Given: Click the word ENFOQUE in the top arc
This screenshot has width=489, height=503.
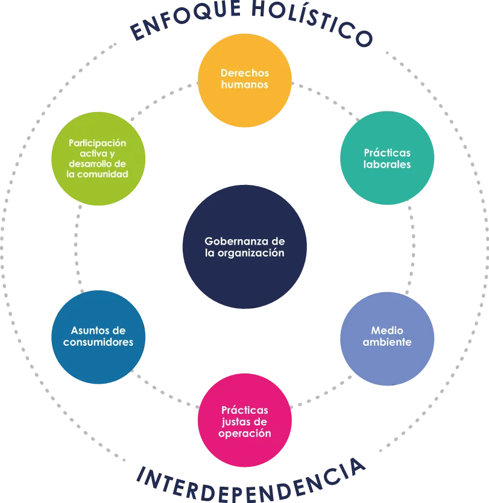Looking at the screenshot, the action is coord(185,20).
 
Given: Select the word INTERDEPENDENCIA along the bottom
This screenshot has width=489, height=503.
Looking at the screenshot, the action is coord(251,481).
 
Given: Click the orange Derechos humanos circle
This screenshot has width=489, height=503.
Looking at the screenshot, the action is coord(245,80).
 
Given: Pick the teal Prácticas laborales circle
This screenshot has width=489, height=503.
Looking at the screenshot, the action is coord(387,158).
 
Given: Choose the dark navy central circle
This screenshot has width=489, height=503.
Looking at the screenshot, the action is coord(245,247).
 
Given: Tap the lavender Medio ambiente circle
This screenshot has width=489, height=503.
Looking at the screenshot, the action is coord(387,339).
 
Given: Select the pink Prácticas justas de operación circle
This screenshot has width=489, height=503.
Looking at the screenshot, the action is coord(245,420).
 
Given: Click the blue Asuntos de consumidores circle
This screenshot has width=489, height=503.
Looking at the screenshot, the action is coord(98,337).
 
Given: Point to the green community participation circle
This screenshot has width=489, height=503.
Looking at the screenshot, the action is coord(98,158).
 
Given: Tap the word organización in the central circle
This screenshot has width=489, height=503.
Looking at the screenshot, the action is coord(251,253).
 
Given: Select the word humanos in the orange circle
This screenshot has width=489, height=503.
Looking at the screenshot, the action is coord(245,85).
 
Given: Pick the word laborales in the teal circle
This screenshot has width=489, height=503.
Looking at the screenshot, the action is coord(387,164).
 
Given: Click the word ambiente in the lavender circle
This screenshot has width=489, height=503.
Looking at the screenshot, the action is coord(387,342).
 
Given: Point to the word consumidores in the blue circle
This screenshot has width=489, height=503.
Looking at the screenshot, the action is coord(98,342).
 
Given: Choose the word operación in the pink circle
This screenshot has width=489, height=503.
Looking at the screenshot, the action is coord(245,434).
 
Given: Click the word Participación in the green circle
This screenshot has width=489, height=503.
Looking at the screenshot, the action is coord(97,143).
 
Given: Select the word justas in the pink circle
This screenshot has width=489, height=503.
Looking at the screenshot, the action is coord(234,422).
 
